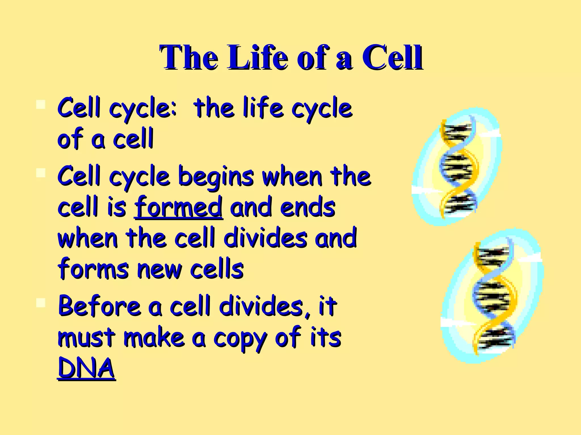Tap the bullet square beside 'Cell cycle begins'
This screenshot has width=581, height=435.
(x=41, y=173)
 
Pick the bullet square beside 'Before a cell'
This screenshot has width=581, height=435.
(x=41, y=303)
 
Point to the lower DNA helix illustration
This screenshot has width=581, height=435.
(x=492, y=296)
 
